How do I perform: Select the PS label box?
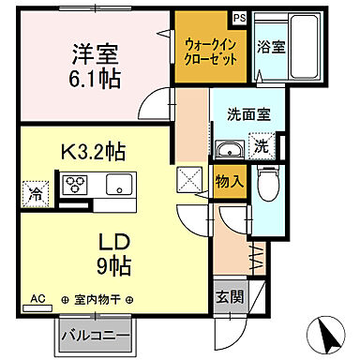click(x=239, y=18)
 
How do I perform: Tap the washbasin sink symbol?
click(x=229, y=151)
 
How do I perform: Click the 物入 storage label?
click(x=228, y=182)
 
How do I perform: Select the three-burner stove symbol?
click(x=75, y=185)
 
